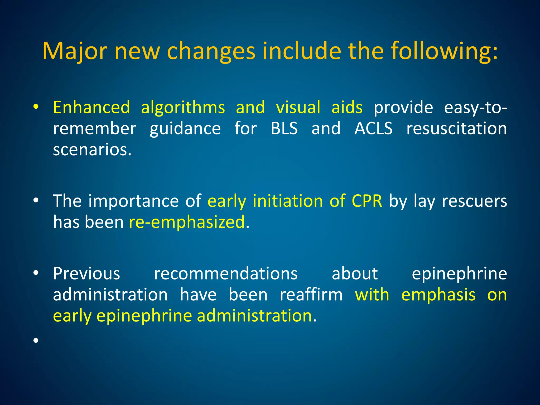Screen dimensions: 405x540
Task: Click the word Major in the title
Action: tap(75, 51)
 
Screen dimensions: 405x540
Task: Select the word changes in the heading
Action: tap(211, 51)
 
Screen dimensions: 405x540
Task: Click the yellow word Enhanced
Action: tap(91, 108)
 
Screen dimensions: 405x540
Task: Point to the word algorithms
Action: tap(183, 108)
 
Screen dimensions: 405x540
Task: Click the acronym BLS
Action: tap(284, 129)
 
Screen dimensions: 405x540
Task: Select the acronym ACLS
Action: tap(373, 129)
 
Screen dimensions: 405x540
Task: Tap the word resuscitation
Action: tap(456, 129)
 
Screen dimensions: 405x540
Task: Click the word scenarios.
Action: tap(92, 150)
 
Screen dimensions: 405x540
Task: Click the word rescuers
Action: tap(474, 201)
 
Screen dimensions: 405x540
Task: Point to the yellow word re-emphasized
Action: tap(187, 222)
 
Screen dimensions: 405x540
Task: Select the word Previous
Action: tap(86, 273)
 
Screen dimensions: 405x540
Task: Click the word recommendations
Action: tap(226, 273)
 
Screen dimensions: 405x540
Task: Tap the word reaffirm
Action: tap(311, 295)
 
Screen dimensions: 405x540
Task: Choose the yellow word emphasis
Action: tap(438, 295)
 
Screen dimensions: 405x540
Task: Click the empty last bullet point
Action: tap(36, 340)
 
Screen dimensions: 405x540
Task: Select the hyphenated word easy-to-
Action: tap(475, 108)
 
